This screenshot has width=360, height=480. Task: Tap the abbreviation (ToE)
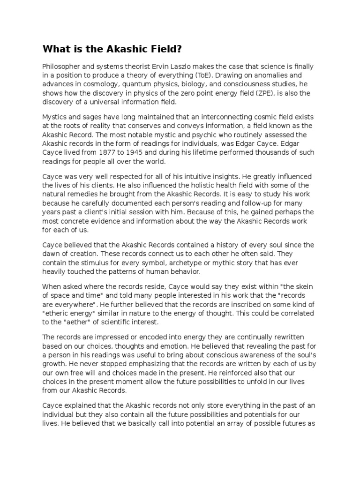click(220, 75)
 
